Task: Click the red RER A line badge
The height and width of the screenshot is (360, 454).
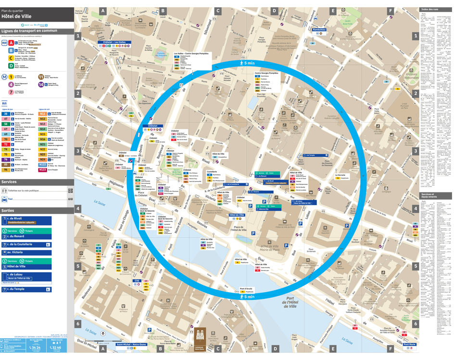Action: click(11, 43)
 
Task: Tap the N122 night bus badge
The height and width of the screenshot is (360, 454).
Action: click(43, 164)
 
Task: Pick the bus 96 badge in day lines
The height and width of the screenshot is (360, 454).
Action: click(6, 170)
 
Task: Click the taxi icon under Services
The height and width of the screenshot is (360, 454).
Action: click(5, 199)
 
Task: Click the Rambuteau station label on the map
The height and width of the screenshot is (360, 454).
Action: click(320, 30)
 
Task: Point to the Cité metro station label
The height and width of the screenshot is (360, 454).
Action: click(137, 280)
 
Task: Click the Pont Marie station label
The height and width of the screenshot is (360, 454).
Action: click(409, 345)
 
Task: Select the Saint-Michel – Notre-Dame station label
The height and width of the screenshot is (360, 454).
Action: click(131, 345)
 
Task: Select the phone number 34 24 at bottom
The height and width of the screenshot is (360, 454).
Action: click(35, 347)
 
